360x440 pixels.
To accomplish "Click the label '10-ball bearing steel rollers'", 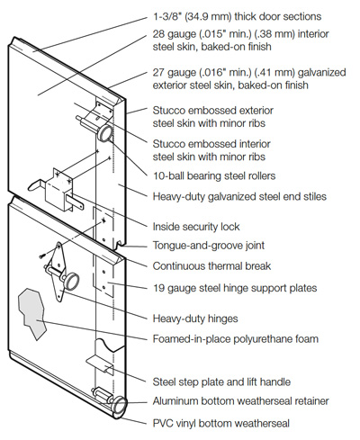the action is (x=214, y=175).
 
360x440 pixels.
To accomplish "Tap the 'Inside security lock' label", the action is (x=196, y=227).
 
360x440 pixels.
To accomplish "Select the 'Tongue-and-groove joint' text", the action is (x=209, y=246).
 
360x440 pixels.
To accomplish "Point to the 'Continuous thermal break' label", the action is (x=211, y=266).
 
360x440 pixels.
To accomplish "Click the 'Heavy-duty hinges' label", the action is (x=195, y=319).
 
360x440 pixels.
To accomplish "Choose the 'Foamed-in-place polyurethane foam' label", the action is (x=236, y=339).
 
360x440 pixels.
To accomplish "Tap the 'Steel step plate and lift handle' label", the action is (x=221, y=382).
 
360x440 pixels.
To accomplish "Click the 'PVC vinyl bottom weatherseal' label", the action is (x=221, y=423).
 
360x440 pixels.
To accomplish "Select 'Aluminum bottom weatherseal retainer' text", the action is (x=241, y=401).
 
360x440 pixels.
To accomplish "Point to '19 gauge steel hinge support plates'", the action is (x=235, y=288).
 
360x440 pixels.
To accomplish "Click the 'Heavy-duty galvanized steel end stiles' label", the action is (x=239, y=197).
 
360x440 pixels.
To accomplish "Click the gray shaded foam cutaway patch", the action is (x=32, y=313).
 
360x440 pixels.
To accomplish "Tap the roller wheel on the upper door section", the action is (x=105, y=133).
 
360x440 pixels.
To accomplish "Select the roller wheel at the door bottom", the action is (x=120, y=406).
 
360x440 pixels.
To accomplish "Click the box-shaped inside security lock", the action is (x=58, y=190).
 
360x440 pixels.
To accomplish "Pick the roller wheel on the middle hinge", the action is (x=71, y=281).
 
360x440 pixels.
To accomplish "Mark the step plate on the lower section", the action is (x=99, y=364).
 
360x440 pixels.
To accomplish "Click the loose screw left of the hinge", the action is (x=42, y=256).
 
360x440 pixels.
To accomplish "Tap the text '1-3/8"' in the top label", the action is (x=166, y=16).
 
